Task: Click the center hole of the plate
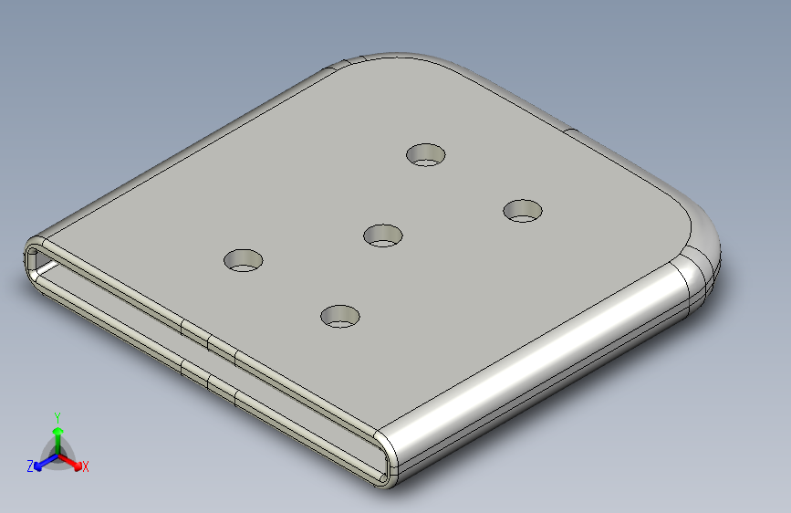click(383, 236)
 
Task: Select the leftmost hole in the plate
click(244, 260)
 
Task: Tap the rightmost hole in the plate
click(523, 211)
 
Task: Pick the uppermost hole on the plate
click(426, 154)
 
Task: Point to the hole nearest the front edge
click(340, 316)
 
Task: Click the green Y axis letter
click(57, 418)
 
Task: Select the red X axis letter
click(85, 467)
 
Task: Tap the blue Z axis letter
click(30, 466)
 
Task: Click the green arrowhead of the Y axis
click(58, 431)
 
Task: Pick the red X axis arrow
click(69, 462)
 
